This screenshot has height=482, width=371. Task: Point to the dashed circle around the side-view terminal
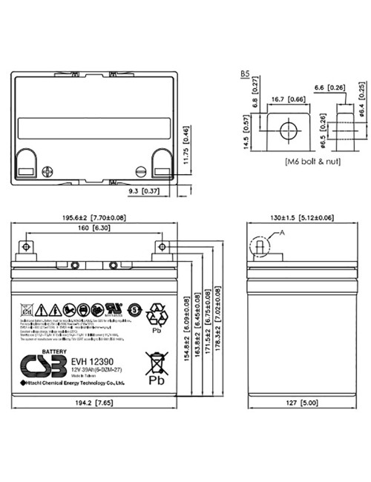pos(259,246)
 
